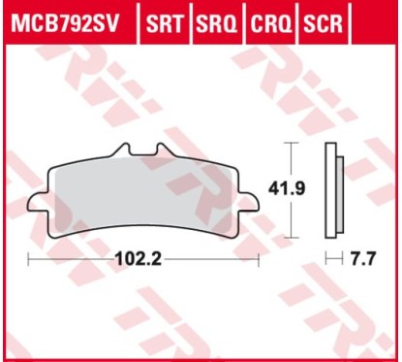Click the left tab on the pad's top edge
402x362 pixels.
click(122, 151)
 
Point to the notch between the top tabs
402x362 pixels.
click(145, 157)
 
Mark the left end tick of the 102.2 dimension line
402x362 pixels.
click(29, 260)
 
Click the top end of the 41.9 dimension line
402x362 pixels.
click(287, 143)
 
